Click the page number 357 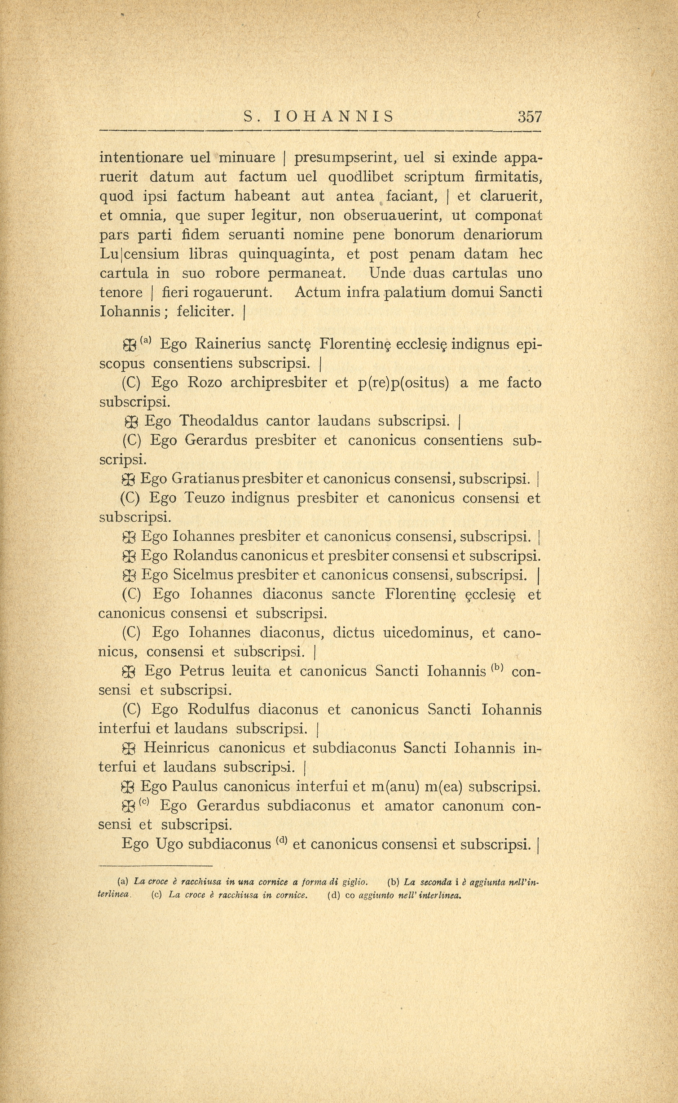529,117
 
